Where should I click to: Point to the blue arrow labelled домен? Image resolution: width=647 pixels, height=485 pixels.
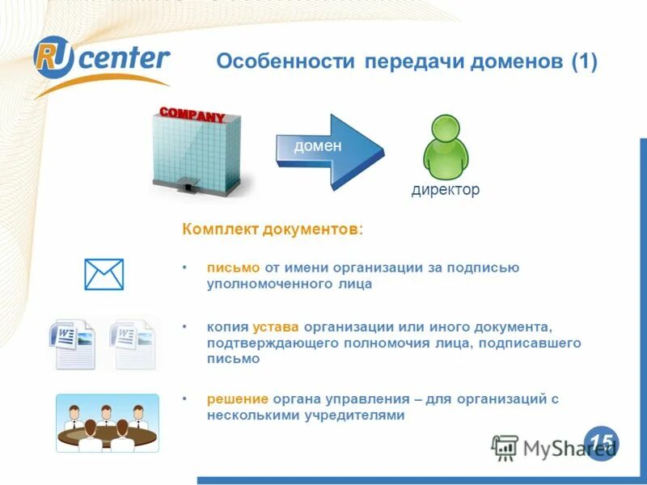tap(328, 150)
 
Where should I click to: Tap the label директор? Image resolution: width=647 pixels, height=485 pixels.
tap(446, 190)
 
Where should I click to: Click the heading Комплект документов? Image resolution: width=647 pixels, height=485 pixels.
tap(273, 230)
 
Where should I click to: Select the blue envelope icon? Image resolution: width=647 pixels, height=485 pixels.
tap(104, 275)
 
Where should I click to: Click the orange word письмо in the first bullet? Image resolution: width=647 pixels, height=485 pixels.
tap(233, 268)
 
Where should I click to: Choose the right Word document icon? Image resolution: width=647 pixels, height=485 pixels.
tap(133, 343)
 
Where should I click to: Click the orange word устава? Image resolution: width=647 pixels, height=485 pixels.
tap(276, 327)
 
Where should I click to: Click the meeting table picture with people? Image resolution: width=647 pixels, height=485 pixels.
tap(107, 423)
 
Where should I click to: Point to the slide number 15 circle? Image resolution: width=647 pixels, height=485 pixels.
tap(601, 441)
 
